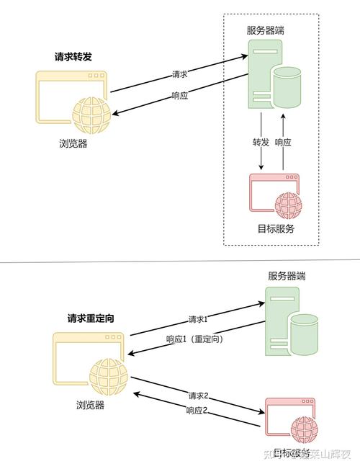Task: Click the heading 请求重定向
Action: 91,318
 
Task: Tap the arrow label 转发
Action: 261,143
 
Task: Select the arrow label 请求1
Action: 198,319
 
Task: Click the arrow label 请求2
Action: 198,396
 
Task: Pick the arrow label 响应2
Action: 197,410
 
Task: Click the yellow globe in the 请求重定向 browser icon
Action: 109,376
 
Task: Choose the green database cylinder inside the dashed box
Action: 287,87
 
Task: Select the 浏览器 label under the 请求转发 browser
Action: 73,143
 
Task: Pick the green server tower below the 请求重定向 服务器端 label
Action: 277,321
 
